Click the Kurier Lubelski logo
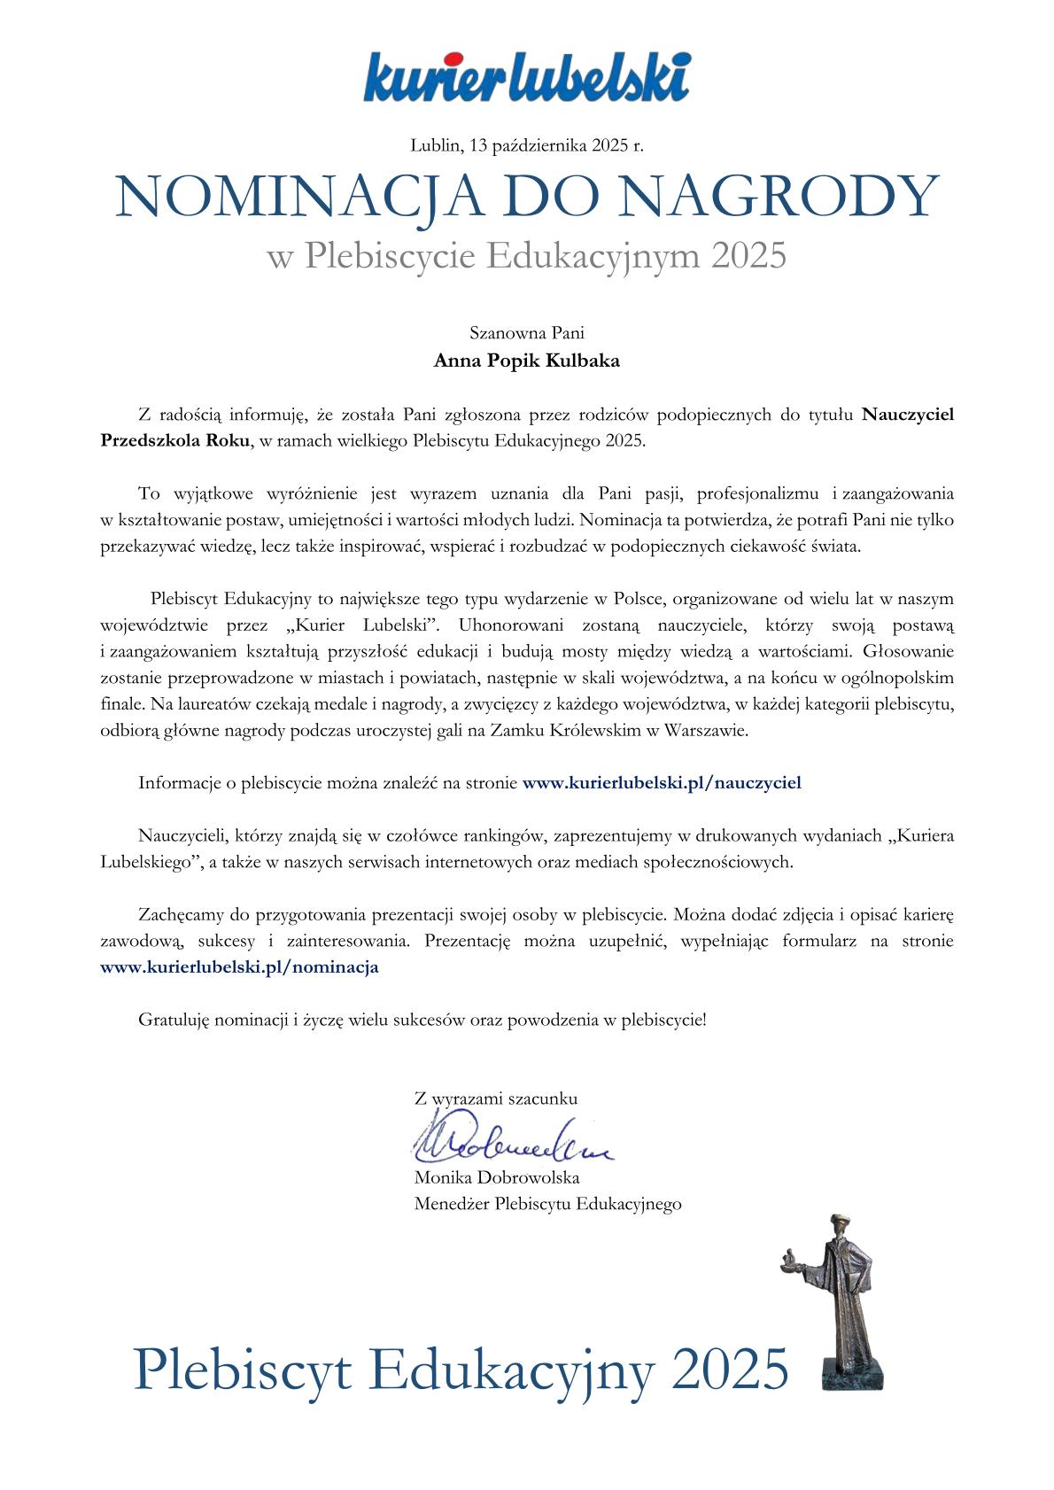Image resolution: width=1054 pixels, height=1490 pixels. pyautogui.click(x=526, y=76)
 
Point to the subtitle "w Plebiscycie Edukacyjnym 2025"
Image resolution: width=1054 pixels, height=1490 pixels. pyautogui.click(x=526, y=257)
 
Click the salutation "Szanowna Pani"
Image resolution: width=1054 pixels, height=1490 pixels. pyautogui.click(x=526, y=334)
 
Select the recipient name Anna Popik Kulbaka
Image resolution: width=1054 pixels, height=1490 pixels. pyautogui.click(x=526, y=361)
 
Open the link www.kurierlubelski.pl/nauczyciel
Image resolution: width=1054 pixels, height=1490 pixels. pyautogui.click(x=662, y=783)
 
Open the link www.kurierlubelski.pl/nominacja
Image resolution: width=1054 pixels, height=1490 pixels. pyautogui.click(x=240, y=967)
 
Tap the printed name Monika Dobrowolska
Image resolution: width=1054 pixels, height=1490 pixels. pyautogui.click(x=496, y=1178)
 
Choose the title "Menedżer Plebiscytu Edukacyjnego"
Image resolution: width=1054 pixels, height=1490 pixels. pyautogui.click(x=547, y=1204)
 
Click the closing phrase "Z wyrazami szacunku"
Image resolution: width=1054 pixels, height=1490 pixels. pyautogui.click(x=495, y=1098)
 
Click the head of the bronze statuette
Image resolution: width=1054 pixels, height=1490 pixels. pyautogui.click(x=836, y=1230)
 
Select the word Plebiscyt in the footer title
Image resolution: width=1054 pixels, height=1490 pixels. pyautogui.click(x=244, y=1370)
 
